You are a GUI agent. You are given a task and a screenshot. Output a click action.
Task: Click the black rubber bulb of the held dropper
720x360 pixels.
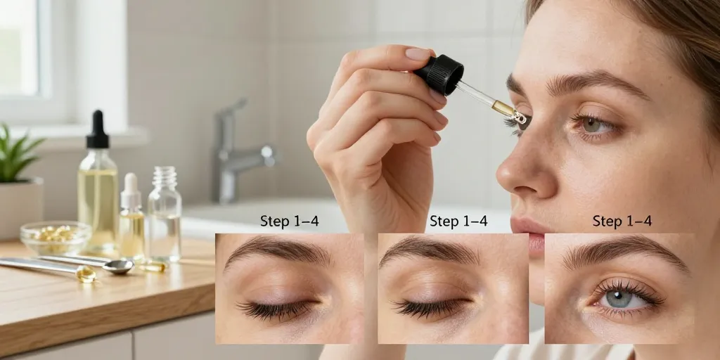tap(439, 74)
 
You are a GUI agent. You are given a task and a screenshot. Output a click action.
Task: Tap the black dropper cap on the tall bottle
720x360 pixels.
tap(97, 130)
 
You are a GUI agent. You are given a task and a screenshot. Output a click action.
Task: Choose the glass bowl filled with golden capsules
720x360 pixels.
tap(56, 238)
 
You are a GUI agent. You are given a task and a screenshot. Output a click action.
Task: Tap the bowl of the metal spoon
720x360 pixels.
tap(118, 265)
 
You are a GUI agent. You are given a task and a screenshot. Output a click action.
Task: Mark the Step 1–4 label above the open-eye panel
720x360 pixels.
tap(622, 221)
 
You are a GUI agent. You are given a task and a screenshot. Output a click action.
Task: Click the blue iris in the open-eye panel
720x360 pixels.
tap(617, 298)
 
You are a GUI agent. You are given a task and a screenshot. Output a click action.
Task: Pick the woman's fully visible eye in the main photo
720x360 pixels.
tap(593, 125)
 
